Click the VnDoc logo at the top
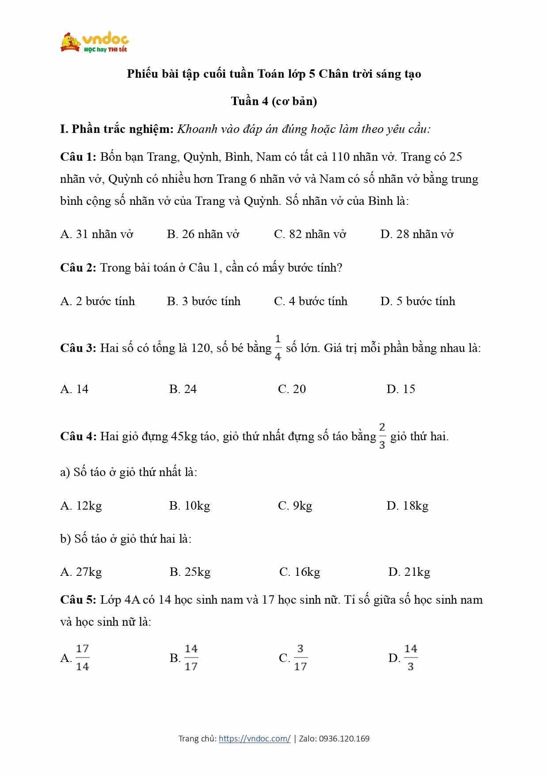click(95, 43)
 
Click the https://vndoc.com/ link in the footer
click(255, 738)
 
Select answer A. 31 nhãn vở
click(96, 234)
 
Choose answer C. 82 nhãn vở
click(310, 234)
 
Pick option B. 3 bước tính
click(204, 301)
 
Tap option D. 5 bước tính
click(418, 301)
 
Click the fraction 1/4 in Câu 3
click(278, 348)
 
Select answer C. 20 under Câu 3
click(292, 389)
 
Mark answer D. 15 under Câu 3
click(400, 389)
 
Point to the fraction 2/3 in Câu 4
click(382, 436)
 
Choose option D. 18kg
click(407, 506)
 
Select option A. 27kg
click(81, 572)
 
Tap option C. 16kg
click(300, 572)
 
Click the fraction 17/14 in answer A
click(82, 658)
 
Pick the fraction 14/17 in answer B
click(191, 658)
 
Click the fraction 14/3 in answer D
click(411, 658)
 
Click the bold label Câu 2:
click(78, 268)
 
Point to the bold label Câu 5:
click(78, 600)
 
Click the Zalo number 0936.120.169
click(344, 738)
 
